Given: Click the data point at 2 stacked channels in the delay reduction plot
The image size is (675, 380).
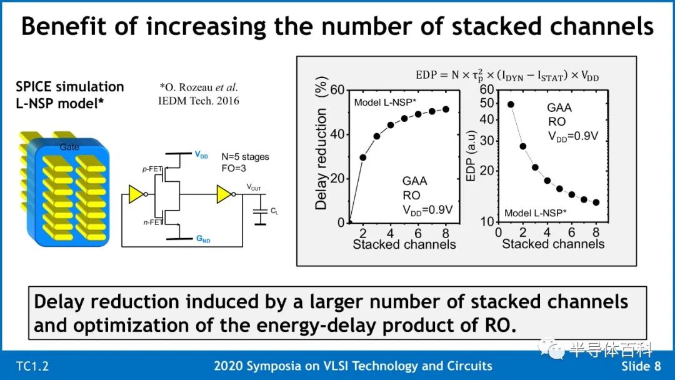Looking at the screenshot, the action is click(x=363, y=157).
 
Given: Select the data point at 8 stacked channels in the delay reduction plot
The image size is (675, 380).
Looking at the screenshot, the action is click(x=446, y=109).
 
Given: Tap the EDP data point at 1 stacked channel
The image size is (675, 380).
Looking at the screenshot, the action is click(x=511, y=104).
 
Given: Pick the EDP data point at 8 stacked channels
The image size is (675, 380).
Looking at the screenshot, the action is click(x=596, y=202).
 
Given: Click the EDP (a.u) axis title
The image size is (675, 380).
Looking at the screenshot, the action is click(x=471, y=156).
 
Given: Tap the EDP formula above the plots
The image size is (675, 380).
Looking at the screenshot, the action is click(x=507, y=75).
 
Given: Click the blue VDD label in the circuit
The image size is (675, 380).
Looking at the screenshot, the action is click(x=201, y=154).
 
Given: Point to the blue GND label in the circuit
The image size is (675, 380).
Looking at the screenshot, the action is click(x=203, y=239).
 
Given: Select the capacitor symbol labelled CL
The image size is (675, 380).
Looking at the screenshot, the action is click(x=260, y=211).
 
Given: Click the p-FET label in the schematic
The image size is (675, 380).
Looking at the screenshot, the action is click(x=152, y=169).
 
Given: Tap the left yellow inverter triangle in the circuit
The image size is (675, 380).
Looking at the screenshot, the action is click(x=136, y=194).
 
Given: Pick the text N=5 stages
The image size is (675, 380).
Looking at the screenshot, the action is click(x=246, y=157).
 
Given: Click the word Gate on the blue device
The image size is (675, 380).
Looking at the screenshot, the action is click(x=69, y=147).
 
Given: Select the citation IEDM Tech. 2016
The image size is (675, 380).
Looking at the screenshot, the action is click(x=199, y=101).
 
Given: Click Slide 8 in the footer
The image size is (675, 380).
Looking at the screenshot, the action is click(x=641, y=366).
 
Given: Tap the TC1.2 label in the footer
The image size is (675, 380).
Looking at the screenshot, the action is click(x=32, y=366).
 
